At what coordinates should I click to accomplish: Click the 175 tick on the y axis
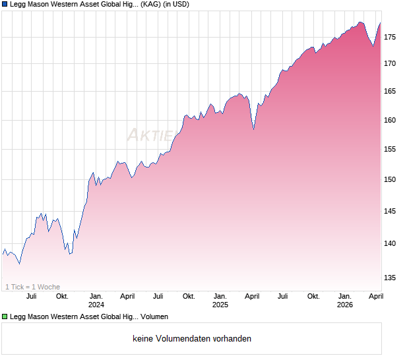(x=391, y=37)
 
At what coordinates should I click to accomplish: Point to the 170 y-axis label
(x=391, y=63)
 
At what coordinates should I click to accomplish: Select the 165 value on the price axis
(x=391, y=91)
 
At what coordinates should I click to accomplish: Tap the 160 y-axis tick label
(x=391, y=120)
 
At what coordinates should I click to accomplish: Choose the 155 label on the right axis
(x=391, y=150)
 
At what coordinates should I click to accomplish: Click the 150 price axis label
(x=391, y=179)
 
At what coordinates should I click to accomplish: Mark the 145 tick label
(x=391, y=211)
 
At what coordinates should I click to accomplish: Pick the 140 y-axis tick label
(x=391, y=243)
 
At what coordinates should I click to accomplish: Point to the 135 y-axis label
(x=391, y=278)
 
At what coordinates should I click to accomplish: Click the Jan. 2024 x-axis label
(x=96, y=300)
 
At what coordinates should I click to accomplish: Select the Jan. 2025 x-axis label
(x=220, y=300)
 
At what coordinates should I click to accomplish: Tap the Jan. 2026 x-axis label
(x=344, y=300)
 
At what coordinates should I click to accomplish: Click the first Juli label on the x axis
(x=31, y=296)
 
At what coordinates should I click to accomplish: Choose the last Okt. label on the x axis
(x=313, y=296)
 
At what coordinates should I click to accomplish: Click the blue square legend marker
(x=5, y=5)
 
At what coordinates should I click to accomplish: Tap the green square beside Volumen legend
(x=5, y=316)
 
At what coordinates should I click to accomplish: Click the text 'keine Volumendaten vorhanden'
(x=191, y=339)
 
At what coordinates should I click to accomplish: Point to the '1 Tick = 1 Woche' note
(x=32, y=287)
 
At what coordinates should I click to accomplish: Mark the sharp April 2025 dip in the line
(x=253, y=129)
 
